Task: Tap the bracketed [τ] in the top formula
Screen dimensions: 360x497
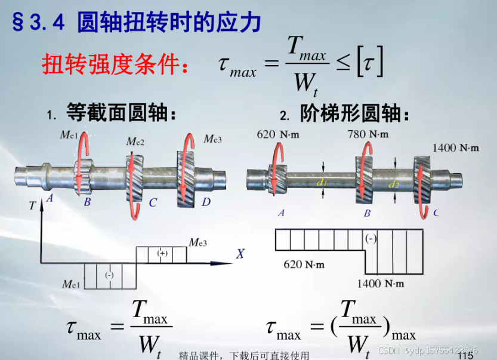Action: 369,64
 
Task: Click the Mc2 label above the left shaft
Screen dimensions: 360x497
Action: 135,141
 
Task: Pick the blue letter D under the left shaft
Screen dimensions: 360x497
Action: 206,202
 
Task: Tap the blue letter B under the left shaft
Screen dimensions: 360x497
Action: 87,202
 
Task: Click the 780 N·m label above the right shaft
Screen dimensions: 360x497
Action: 368,134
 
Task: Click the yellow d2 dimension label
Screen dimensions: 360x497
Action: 394,184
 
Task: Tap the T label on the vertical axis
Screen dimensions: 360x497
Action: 32,205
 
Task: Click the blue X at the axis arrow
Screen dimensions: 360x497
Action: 240,254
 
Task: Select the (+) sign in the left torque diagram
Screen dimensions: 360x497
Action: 162,253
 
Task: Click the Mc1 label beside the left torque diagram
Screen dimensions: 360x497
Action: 71,284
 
